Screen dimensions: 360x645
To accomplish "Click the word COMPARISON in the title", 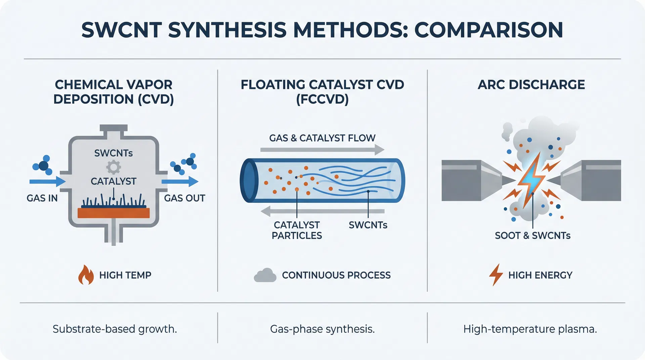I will click(488, 30).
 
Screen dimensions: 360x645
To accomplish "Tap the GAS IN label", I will click(42, 198).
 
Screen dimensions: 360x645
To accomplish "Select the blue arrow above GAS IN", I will click(47, 182).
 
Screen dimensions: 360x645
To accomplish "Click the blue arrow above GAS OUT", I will click(180, 182).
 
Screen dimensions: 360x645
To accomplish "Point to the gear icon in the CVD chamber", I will click(114, 167).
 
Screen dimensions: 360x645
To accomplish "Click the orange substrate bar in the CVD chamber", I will click(114, 213).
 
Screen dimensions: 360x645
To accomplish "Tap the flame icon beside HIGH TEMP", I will click(86, 275).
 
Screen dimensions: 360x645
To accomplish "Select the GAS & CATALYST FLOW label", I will click(322, 138).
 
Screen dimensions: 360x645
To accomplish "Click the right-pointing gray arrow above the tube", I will click(322, 149).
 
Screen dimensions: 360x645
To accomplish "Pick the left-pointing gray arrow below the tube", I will click(322, 211).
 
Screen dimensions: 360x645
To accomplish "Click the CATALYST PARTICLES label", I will click(297, 230).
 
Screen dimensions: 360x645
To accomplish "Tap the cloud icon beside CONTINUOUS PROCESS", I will click(265, 275).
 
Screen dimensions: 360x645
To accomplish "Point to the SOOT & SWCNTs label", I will click(532, 236).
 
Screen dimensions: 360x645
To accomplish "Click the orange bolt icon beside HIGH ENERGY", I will click(496, 275).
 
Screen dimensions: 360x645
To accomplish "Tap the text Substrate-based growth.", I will click(115, 329).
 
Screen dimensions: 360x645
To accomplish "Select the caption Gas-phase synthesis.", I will click(322, 329).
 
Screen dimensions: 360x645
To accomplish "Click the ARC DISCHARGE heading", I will click(531, 85).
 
